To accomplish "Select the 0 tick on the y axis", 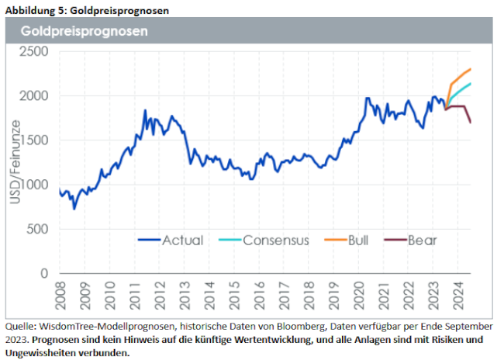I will click(x=44, y=273).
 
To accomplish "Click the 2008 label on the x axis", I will click(x=61, y=297).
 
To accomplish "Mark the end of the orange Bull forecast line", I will click(x=471, y=69).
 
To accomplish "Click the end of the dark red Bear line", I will click(x=471, y=122).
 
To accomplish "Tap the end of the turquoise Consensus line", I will click(x=471, y=83).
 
